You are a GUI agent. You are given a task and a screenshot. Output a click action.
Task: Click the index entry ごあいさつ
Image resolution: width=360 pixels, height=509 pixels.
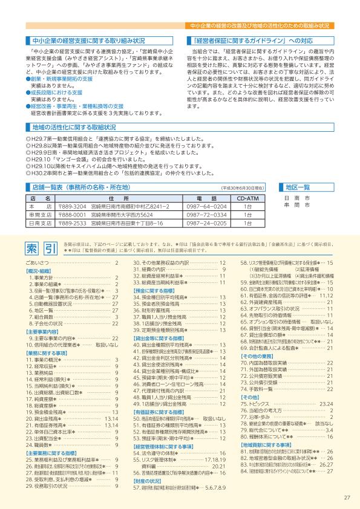point(39,264)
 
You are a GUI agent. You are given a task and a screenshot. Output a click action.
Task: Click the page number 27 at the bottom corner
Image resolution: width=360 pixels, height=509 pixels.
point(347,498)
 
